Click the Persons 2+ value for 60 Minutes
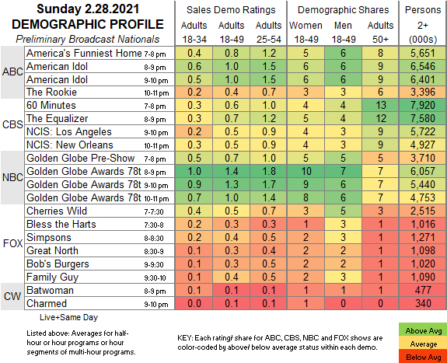423,105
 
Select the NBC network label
12,177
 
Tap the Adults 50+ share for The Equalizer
381,118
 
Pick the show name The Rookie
51,92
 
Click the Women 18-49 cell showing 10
306,171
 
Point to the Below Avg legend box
424,357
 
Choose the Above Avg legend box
424,331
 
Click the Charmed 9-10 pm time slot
156,304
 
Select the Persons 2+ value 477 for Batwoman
423,290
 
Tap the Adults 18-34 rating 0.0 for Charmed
194,303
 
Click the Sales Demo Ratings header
231,10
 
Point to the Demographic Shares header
344,10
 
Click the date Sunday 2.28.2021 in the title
88,9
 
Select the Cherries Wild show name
57,211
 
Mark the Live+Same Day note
68,317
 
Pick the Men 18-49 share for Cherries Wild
343,211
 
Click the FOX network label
12,243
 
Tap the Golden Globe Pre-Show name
80,158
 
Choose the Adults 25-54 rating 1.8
269,171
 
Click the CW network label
12,296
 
